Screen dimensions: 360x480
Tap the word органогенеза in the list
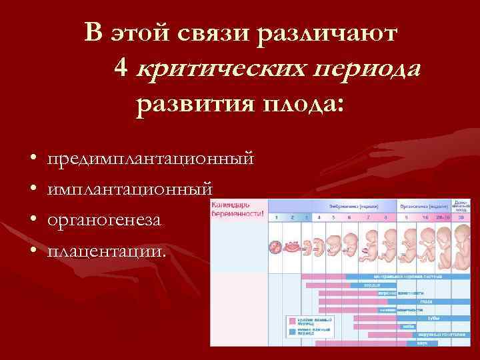tap(104, 219)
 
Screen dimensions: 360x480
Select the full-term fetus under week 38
tap(461, 247)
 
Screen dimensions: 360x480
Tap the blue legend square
tap(291, 331)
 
